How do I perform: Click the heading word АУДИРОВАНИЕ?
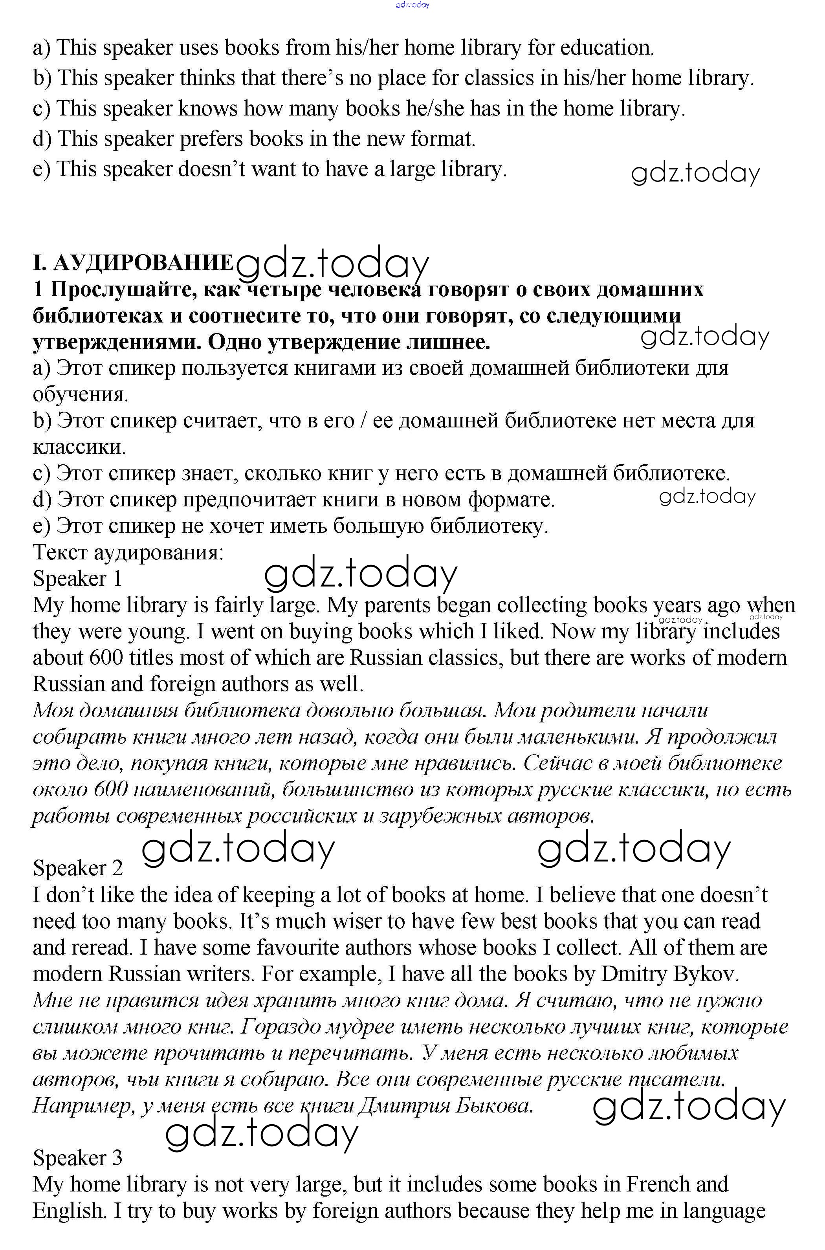(x=143, y=262)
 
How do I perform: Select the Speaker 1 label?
(x=77, y=579)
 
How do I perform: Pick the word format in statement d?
(x=442, y=139)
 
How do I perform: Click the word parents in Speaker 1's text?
(x=397, y=605)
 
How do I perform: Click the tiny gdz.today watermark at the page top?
(x=412, y=5)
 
